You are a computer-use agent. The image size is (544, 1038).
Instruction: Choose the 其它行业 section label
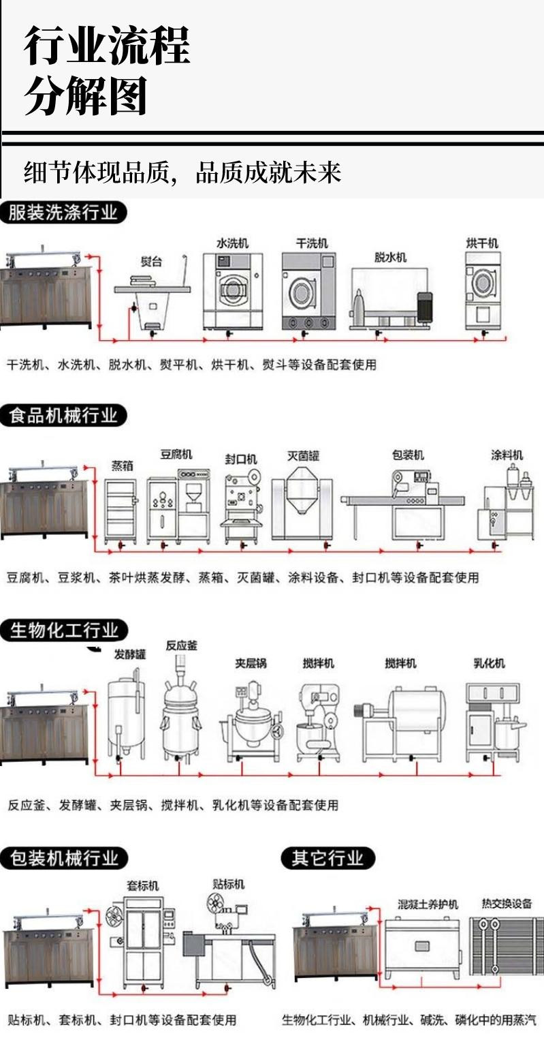327,857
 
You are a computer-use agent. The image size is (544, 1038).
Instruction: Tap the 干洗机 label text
312,243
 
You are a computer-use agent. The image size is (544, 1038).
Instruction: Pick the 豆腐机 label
176,454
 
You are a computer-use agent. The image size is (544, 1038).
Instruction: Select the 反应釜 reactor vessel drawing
181,709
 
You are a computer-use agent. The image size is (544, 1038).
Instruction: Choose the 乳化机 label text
489,662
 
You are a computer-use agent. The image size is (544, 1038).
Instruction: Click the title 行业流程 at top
107,46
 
